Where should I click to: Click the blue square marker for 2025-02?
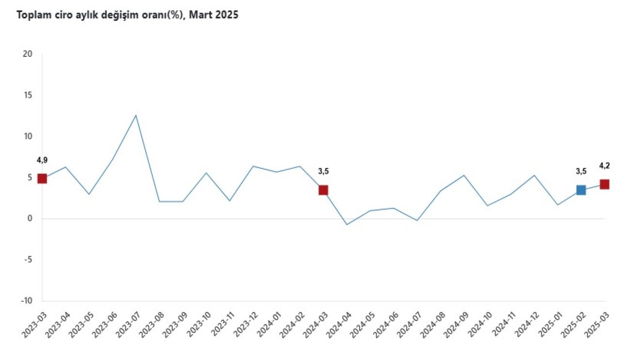[x=581, y=190]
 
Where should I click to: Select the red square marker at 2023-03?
[x=42, y=178]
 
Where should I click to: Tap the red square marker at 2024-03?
[x=323, y=190]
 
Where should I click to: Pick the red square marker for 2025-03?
[x=605, y=184]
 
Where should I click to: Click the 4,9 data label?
[x=42, y=160]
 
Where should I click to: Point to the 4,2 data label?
[x=605, y=165]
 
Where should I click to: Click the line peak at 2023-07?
[x=136, y=115]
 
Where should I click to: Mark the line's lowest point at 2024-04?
[x=347, y=225]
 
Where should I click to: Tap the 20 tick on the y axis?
[x=28, y=54]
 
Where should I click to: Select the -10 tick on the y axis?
[x=26, y=301]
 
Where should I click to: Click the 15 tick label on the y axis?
[x=28, y=95]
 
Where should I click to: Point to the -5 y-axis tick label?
[x=28, y=260]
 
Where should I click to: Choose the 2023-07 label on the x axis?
[x=126, y=325]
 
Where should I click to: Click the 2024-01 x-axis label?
[x=267, y=325]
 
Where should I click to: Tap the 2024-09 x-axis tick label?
[x=454, y=325]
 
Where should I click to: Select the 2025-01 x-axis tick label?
[x=548, y=325]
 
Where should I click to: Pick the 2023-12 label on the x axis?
[x=243, y=325]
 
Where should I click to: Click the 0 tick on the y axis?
[x=30, y=219]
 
